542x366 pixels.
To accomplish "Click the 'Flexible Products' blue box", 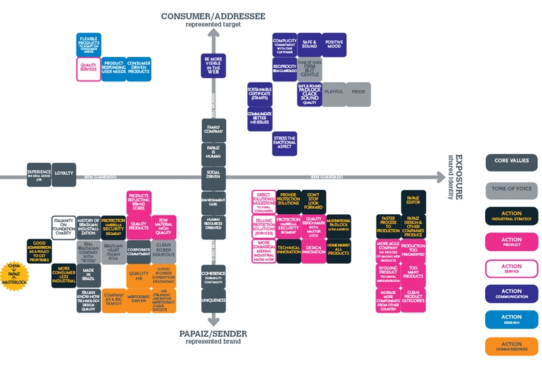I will coord(88,44).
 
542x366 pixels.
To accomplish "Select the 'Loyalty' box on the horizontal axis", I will coord(64,173).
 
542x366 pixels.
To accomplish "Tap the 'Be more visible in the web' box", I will coord(213,68).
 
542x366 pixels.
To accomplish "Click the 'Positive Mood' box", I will coord(334,44).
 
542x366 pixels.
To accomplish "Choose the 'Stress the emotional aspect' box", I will coord(285,143).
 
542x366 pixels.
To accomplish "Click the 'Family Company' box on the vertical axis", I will coord(213,129).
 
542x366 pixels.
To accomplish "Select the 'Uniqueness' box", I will coord(213,300).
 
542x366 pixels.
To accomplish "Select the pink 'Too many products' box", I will coord(413,272).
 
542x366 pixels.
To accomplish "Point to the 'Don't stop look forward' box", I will coord(314,202).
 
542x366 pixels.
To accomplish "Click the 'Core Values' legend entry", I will coord(512,163).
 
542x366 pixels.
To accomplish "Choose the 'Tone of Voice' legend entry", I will coord(512,189).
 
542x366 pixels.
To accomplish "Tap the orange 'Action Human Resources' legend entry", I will coord(512,346).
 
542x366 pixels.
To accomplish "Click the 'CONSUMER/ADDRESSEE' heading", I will coord(213,16).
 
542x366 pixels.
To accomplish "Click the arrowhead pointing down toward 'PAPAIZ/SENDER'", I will coord(213,320).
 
